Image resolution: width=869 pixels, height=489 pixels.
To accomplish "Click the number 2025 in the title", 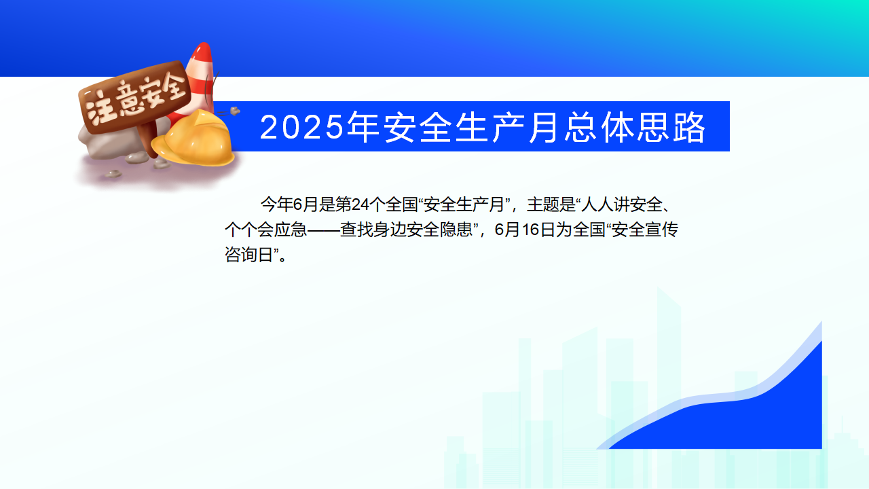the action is pyautogui.click(x=301, y=127).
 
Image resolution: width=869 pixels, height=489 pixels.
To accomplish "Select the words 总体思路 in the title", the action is pyautogui.click(x=635, y=127).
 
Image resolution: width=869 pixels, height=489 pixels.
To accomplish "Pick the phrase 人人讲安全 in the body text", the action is pyautogui.click(x=621, y=204).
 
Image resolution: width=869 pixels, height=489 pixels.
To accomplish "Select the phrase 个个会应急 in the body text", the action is pyautogui.click(x=265, y=230).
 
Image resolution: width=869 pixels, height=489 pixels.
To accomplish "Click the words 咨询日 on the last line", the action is pyautogui.click(x=249, y=255).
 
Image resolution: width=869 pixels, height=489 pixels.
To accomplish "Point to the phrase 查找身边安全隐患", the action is pyautogui.click(x=406, y=230).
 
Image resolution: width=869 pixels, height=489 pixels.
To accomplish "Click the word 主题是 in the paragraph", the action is pyautogui.click(x=551, y=204).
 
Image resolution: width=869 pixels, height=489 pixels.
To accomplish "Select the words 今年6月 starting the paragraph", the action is pyautogui.click(x=289, y=204).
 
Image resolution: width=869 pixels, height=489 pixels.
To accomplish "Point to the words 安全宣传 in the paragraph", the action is pyautogui.click(x=645, y=230).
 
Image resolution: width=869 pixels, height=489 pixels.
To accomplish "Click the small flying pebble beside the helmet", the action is pyautogui.click(x=235, y=111).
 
